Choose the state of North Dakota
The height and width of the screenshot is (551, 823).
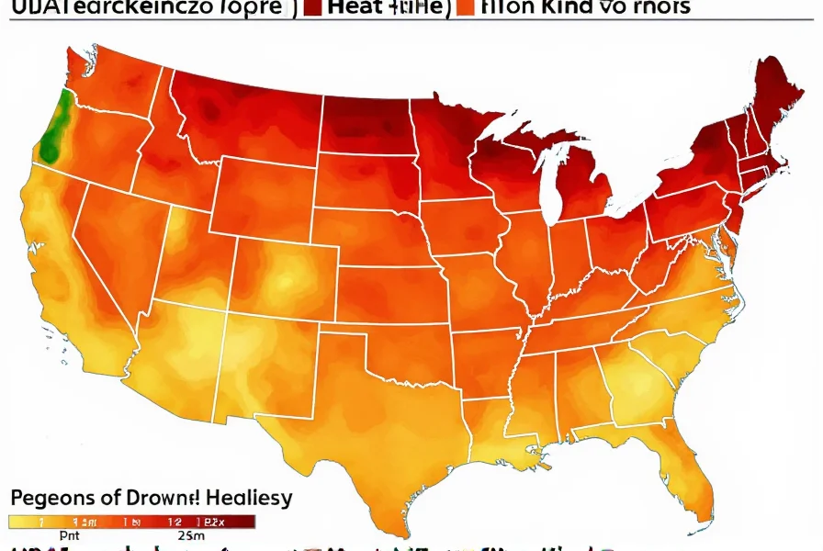364,124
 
